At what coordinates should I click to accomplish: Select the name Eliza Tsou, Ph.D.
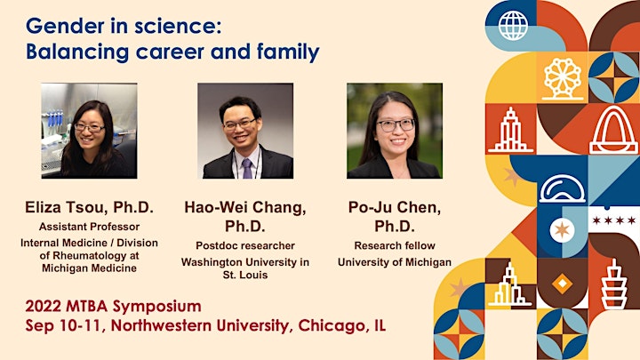tap(90, 207)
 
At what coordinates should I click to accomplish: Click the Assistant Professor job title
tap(90, 227)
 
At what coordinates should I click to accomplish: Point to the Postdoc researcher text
tap(245, 245)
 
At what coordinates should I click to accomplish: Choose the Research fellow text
tap(395, 245)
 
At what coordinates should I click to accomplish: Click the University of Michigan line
tap(395, 262)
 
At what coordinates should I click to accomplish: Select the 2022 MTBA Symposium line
tap(113, 307)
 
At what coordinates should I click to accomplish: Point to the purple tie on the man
tap(247, 169)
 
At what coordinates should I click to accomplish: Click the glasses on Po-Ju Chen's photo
tap(395, 125)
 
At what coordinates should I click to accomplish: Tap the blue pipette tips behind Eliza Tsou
tap(55, 117)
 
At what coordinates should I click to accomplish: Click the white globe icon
tap(513, 25)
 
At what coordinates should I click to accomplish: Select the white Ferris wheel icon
tap(563, 79)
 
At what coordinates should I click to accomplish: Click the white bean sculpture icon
tap(562, 189)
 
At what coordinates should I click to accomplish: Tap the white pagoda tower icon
tap(614, 284)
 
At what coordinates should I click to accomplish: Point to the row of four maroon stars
tap(613, 220)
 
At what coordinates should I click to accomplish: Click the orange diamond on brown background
tap(562, 284)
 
